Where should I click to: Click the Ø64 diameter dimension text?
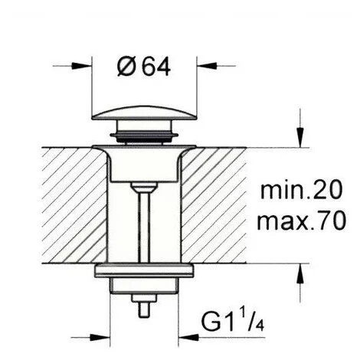[144, 67]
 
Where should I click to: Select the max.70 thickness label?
[302, 220]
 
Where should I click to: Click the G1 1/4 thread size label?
[233, 319]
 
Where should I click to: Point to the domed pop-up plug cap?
[145, 113]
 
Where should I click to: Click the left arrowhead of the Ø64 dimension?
[81, 66]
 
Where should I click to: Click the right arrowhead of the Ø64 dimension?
[207, 66]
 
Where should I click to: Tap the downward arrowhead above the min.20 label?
[300, 137]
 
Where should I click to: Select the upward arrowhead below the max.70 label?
[300, 273]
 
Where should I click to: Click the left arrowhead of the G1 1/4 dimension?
[100, 338]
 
